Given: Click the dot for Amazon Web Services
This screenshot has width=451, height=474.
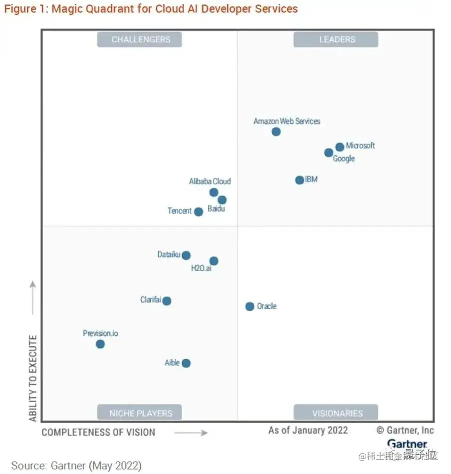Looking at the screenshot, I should pyautogui.click(x=276, y=132).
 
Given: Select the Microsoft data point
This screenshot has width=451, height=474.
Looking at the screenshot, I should pyautogui.click(x=340, y=147).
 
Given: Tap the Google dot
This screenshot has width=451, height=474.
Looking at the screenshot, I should pyautogui.click(x=329, y=153).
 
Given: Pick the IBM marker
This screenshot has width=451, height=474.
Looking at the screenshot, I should pyautogui.click(x=299, y=180).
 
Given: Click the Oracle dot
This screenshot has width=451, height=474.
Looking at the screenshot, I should pyautogui.click(x=250, y=306).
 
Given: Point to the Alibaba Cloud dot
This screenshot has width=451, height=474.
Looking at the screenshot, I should pyautogui.click(x=214, y=192).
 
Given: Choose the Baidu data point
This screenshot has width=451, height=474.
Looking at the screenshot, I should pyautogui.click(x=222, y=200).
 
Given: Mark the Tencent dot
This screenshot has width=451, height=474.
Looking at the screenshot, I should pyautogui.click(x=199, y=212).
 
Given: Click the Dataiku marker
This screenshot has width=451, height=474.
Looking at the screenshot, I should pyautogui.click(x=186, y=255).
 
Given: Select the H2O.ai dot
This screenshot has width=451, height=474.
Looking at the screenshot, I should pyautogui.click(x=214, y=261).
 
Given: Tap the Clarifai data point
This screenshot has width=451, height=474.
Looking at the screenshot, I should pyautogui.click(x=167, y=301).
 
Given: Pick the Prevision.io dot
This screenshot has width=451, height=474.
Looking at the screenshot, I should pyautogui.click(x=100, y=344).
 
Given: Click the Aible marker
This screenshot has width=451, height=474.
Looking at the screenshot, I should pyautogui.click(x=186, y=363).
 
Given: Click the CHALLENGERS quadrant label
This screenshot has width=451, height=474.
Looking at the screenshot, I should pyautogui.click(x=139, y=39).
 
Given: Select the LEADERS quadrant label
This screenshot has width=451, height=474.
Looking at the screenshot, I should pyautogui.click(x=336, y=39).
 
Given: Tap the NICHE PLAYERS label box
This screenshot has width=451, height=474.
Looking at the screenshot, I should pyautogui.click(x=139, y=413).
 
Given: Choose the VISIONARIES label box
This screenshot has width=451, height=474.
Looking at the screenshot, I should pyautogui.click(x=336, y=413).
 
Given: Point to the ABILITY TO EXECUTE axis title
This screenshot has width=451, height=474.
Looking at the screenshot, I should pyautogui.click(x=33, y=378).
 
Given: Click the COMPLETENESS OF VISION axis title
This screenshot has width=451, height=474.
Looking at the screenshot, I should pyautogui.click(x=98, y=432).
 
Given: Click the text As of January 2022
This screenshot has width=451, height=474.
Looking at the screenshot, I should pyautogui.click(x=308, y=430).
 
